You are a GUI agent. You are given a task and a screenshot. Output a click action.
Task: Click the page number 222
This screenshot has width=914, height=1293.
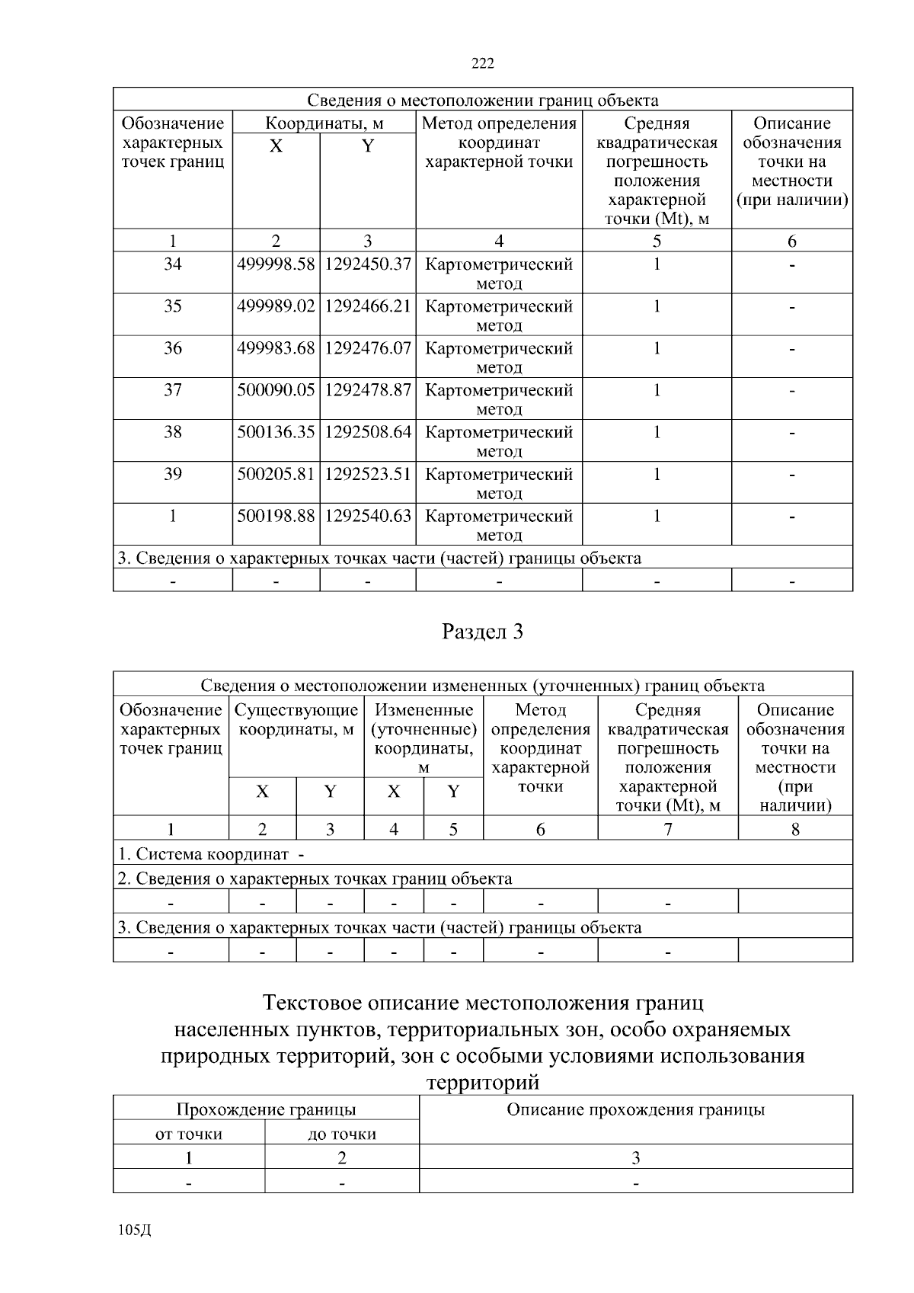click(483, 63)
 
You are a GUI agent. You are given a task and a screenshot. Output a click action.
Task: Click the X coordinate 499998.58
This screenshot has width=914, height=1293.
click(276, 264)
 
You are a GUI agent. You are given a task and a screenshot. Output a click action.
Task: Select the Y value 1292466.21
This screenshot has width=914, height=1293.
click(368, 306)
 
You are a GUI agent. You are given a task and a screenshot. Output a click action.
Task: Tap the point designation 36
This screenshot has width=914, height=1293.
click(173, 348)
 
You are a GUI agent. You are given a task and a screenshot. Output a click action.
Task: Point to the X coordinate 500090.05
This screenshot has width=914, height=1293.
click(276, 390)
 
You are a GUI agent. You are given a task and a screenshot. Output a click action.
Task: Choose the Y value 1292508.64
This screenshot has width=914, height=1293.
click(368, 432)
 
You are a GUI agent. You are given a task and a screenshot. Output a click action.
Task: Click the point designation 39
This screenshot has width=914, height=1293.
click(173, 474)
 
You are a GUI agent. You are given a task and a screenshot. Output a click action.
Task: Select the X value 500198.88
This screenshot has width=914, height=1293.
click(276, 516)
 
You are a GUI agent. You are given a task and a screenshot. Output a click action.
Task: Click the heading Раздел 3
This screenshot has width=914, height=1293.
click(483, 632)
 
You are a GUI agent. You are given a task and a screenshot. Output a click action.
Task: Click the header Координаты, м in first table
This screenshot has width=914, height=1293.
click(324, 123)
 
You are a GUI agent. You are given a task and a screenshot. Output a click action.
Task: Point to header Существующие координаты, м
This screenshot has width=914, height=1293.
click(296, 719)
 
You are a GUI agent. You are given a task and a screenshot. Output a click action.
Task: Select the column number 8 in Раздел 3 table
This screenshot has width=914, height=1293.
click(795, 829)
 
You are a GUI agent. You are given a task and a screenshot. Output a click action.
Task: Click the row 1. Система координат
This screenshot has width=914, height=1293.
click(211, 854)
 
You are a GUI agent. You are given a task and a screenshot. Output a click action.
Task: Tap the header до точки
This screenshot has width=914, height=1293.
click(342, 1134)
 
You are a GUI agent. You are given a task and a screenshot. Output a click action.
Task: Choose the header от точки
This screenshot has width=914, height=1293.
click(189, 1134)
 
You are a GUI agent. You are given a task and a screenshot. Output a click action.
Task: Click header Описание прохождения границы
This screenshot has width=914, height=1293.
click(636, 1109)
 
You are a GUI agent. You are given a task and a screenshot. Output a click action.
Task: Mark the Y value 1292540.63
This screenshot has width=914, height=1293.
click(368, 516)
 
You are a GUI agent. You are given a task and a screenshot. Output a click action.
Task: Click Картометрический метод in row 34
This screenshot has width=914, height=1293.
click(499, 273)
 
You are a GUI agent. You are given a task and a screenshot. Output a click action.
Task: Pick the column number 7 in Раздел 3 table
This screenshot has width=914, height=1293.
click(668, 829)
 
